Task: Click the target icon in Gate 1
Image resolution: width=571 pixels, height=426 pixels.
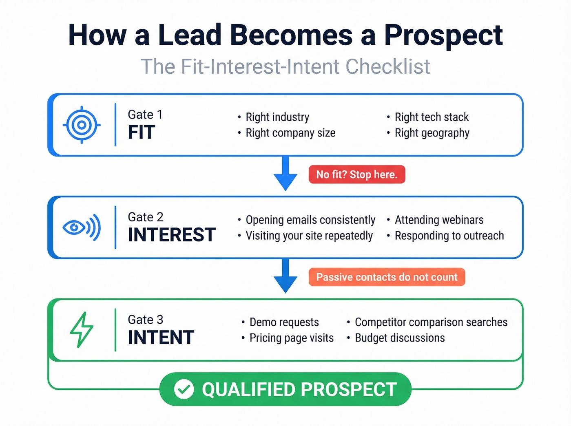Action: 82,125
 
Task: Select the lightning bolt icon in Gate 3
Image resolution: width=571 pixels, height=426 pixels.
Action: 82,330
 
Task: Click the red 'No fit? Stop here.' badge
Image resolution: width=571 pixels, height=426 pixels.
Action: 357,174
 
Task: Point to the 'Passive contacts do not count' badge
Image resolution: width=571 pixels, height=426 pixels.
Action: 387,277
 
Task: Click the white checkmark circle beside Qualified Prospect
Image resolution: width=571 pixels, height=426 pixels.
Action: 184,389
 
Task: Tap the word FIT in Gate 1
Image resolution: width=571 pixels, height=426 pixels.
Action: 142,132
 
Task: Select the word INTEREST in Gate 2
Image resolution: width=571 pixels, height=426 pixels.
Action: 172,235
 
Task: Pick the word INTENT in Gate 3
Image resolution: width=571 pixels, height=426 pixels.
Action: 161,338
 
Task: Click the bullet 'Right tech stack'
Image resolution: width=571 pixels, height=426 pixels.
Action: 432,117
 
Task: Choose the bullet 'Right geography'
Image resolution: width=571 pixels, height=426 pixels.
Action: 432,133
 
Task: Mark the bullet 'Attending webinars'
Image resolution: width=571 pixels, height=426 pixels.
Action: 439,220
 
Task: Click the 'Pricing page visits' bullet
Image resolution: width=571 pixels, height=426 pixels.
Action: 291,338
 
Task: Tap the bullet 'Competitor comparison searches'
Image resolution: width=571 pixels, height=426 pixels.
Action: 431,322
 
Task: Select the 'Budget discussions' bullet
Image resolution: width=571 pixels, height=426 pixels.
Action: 400,338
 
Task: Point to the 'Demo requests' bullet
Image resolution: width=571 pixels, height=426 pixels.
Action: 284,322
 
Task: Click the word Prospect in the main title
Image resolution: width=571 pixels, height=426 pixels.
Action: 443,35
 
